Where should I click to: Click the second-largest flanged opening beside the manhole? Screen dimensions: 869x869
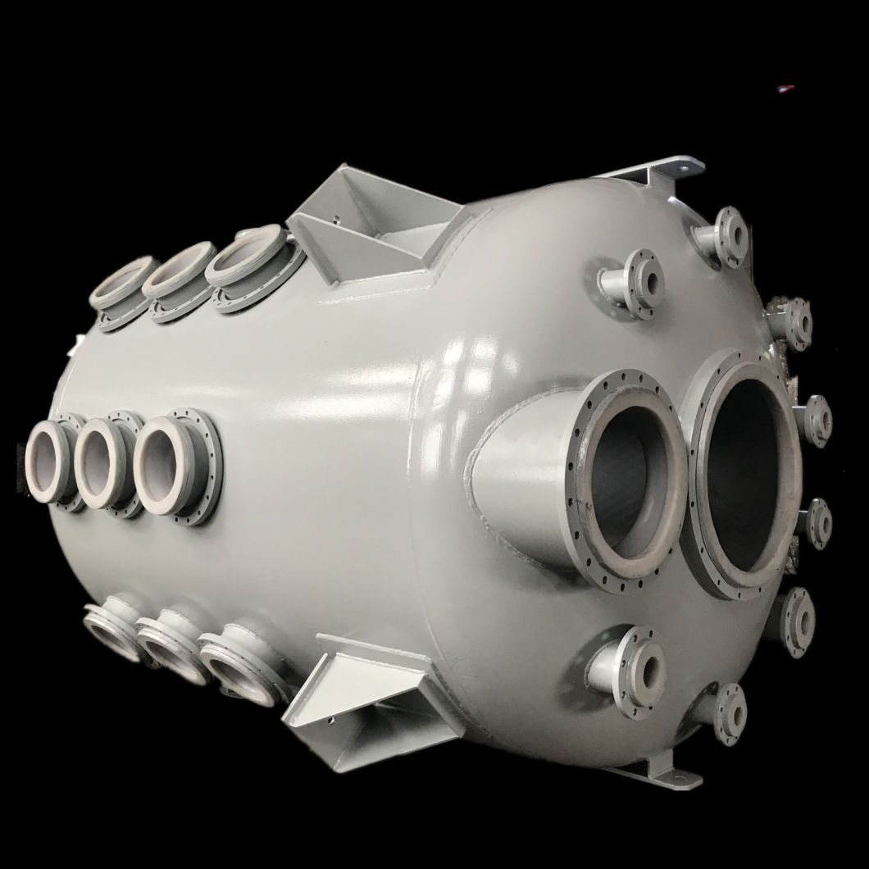tap(627, 484)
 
